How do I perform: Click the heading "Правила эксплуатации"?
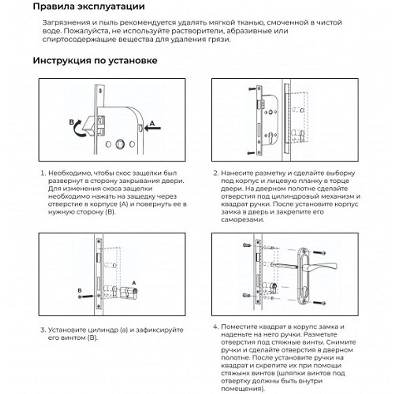tap(88, 7)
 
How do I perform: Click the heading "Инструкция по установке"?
tap(95, 61)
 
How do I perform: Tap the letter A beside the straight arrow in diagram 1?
tap(154, 123)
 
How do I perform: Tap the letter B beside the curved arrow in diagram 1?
tap(71, 123)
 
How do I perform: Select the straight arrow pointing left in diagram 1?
tap(153, 128)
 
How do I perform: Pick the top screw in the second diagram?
tap(251, 90)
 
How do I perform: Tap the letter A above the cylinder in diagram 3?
tap(134, 282)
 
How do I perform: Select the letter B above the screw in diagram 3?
tap(80, 290)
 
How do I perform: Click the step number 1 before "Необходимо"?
tap(42, 173)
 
